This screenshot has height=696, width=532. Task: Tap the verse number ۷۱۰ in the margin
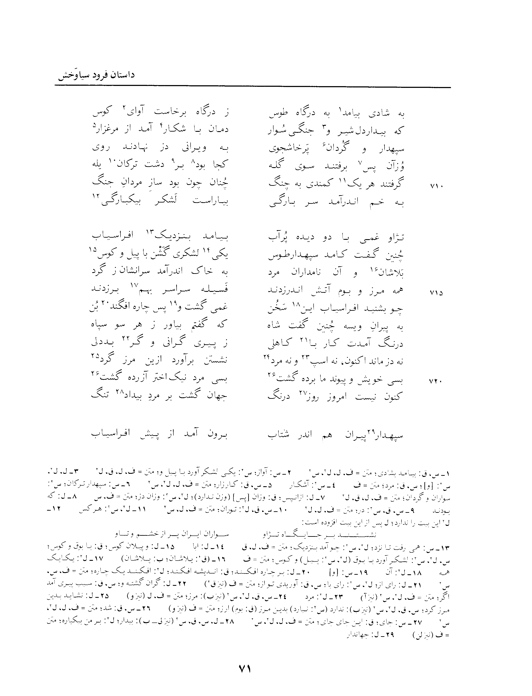click(x=436, y=186)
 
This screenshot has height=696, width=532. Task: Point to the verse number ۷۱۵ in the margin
click(x=436, y=293)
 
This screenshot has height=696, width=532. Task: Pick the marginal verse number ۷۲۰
click(x=436, y=382)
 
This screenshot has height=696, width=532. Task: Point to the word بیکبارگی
click(x=122, y=202)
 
